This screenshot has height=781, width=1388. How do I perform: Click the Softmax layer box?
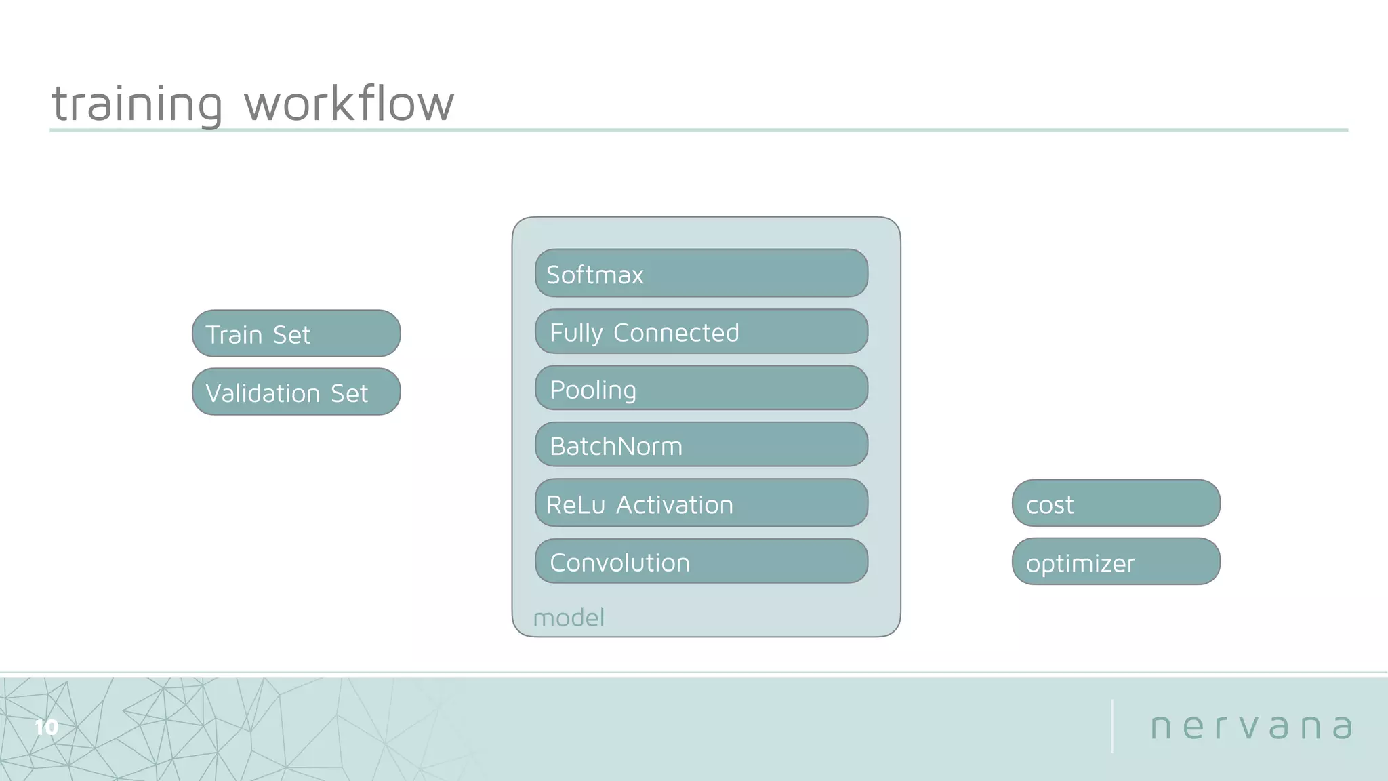pos(701,273)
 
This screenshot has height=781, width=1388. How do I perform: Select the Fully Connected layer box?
pos(701,332)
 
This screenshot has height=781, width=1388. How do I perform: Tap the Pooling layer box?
pos(701,388)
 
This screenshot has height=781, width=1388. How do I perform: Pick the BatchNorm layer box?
pos(701,445)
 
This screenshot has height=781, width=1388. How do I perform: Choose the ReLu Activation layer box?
pos(701,503)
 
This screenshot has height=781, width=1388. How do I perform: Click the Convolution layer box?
pos(701,561)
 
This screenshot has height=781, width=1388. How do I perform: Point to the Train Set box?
pos(296,334)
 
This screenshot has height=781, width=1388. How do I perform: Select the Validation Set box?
pos(296,392)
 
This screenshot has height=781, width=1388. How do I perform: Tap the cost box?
pos(1116,503)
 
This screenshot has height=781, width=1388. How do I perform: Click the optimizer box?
pos(1116,561)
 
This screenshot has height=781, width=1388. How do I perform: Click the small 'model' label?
pos(569,618)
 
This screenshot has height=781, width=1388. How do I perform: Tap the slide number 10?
pos(46,727)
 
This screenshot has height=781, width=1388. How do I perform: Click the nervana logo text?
pos(1251,727)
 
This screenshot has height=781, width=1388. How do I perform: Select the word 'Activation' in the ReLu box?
pos(674,505)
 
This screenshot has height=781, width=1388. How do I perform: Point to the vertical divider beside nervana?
pos(1112,726)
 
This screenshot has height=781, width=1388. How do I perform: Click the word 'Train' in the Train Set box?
pos(234,335)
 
